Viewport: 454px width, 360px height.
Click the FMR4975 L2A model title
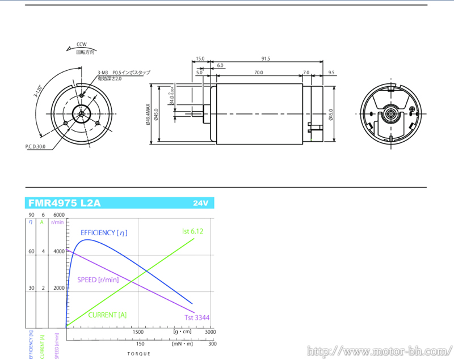tap(64, 203)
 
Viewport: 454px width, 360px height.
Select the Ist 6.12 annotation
tap(192, 231)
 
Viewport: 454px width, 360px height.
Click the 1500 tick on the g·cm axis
tap(138, 332)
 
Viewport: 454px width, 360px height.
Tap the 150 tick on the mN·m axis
tap(140, 344)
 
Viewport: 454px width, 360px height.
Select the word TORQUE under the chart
tap(139, 354)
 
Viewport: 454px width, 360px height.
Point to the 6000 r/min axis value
tap(58, 215)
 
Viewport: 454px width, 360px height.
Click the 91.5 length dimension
tap(266, 58)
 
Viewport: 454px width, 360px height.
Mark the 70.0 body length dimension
tap(258, 73)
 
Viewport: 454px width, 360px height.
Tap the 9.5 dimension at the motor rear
tap(331, 73)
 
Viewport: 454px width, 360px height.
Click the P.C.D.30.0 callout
tap(35, 146)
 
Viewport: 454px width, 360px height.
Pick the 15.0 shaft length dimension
tap(200, 58)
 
